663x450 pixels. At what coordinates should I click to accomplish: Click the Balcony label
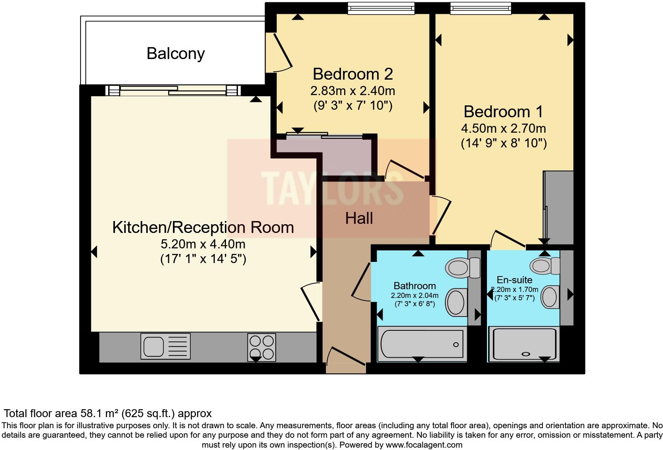(175, 53)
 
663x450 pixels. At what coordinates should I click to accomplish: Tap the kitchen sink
(165, 346)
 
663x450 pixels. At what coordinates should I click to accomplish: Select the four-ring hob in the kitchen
(261, 347)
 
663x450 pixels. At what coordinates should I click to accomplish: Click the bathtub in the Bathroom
(422, 344)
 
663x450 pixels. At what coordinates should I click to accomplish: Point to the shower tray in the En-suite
(524, 344)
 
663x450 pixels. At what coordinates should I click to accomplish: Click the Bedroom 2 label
(353, 74)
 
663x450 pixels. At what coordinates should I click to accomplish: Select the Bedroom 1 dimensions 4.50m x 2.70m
(503, 128)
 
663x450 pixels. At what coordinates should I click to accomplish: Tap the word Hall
(359, 218)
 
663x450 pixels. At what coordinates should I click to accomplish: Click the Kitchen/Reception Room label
(203, 227)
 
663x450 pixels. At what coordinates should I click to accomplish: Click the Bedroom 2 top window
(381, 8)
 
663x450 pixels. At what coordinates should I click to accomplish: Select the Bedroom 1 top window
(481, 8)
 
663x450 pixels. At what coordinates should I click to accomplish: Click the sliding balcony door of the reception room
(173, 91)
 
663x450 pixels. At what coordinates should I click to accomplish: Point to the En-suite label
(514, 280)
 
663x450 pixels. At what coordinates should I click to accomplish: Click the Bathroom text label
(414, 286)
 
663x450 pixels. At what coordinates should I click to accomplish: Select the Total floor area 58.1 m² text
(107, 414)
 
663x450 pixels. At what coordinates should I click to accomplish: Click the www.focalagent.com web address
(423, 445)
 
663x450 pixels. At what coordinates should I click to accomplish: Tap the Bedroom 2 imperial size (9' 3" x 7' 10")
(353, 106)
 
